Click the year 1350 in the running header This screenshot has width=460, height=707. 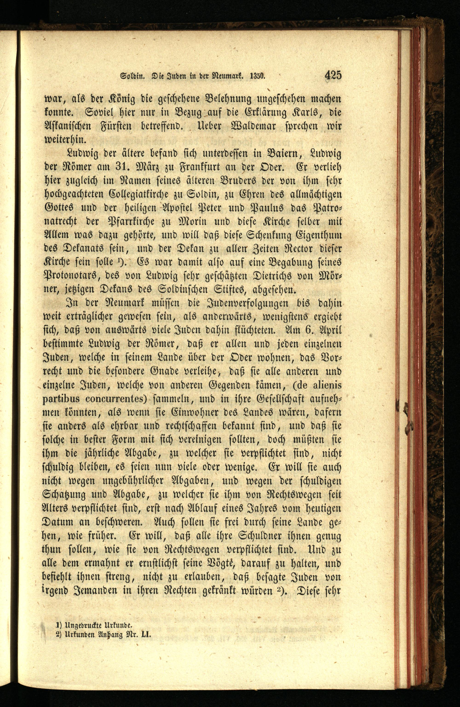pos(258,76)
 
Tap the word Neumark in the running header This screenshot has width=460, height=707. pos(227,76)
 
